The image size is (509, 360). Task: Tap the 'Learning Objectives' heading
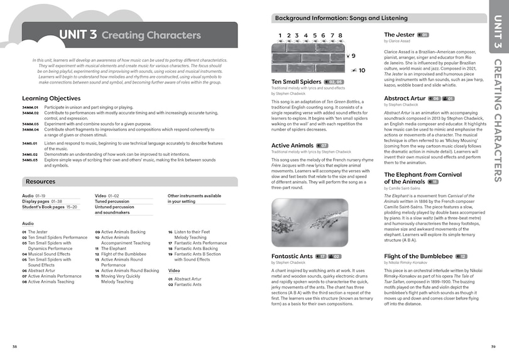point(51,98)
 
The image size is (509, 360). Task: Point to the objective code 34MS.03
point(31,160)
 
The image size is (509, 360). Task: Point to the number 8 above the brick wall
point(340,36)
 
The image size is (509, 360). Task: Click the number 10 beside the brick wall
point(363,70)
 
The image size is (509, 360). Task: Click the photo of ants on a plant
point(310,223)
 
